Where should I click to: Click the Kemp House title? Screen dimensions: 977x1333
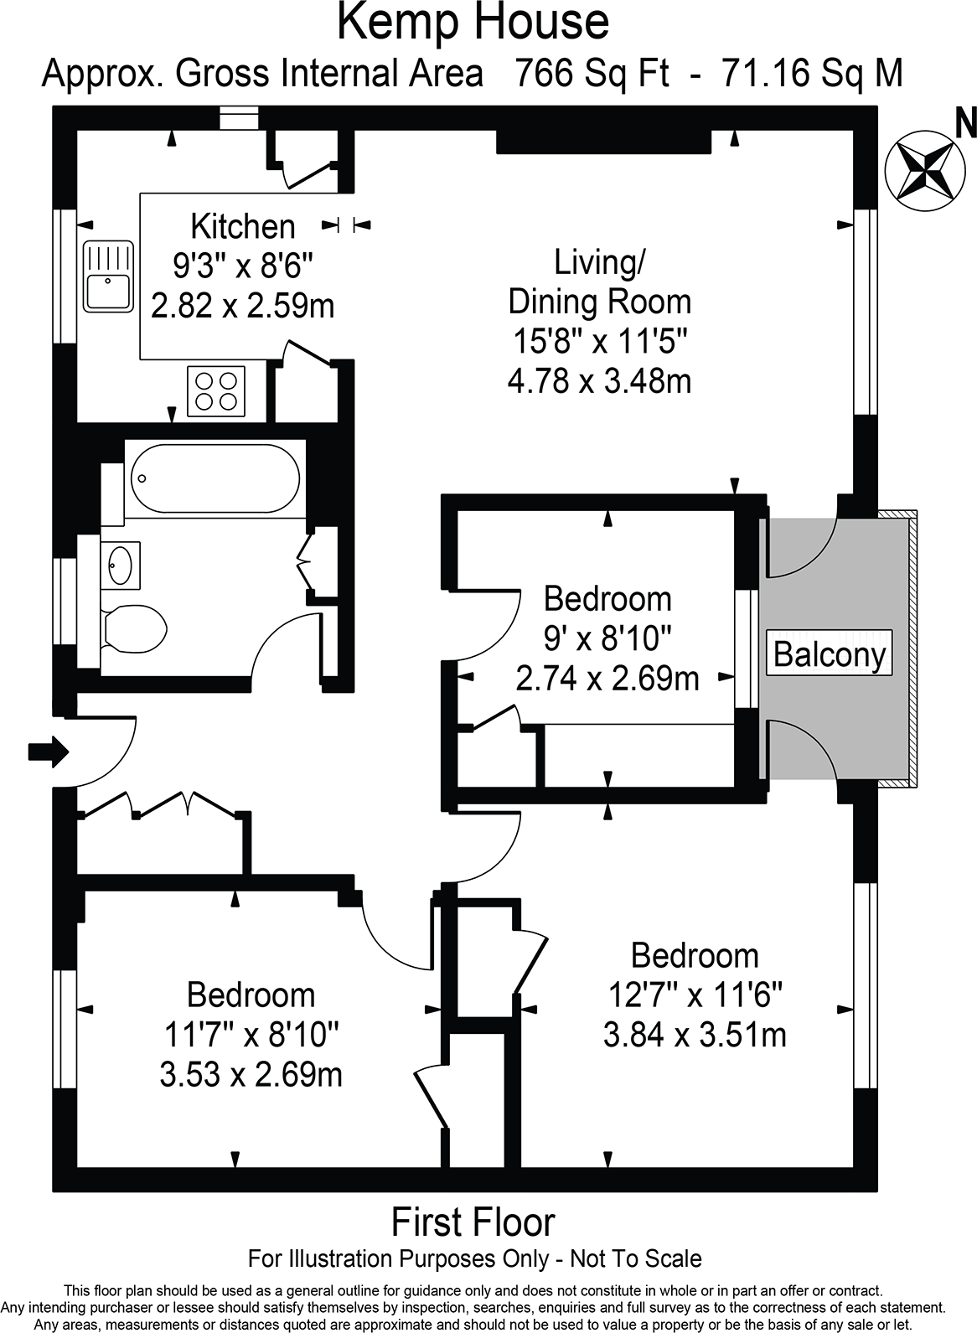(x=473, y=23)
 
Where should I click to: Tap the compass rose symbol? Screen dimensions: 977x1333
(x=925, y=170)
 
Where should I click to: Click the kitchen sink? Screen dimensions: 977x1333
(x=108, y=276)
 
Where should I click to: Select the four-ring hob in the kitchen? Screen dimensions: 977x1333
(x=216, y=391)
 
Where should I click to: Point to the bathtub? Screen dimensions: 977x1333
(x=215, y=478)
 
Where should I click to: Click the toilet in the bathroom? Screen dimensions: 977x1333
(x=134, y=629)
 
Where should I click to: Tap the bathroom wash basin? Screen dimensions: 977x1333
(x=120, y=565)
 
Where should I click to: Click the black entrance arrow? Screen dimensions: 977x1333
(x=49, y=752)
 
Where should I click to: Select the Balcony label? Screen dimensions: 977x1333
(x=830, y=655)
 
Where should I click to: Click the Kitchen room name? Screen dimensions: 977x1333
(x=243, y=227)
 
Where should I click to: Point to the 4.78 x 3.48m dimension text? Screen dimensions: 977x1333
(x=599, y=381)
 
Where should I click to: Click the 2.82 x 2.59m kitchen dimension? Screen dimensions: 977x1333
(x=243, y=306)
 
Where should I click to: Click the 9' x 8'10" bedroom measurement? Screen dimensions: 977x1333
(x=607, y=638)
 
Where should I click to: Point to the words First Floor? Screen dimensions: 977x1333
(x=473, y=1222)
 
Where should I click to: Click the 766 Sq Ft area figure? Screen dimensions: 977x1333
(x=592, y=74)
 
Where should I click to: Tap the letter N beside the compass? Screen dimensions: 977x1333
(x=966, y=124)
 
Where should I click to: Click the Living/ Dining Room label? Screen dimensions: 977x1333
(x=599, y=282)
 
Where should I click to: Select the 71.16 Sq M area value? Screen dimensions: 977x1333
(x=812, y=74)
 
